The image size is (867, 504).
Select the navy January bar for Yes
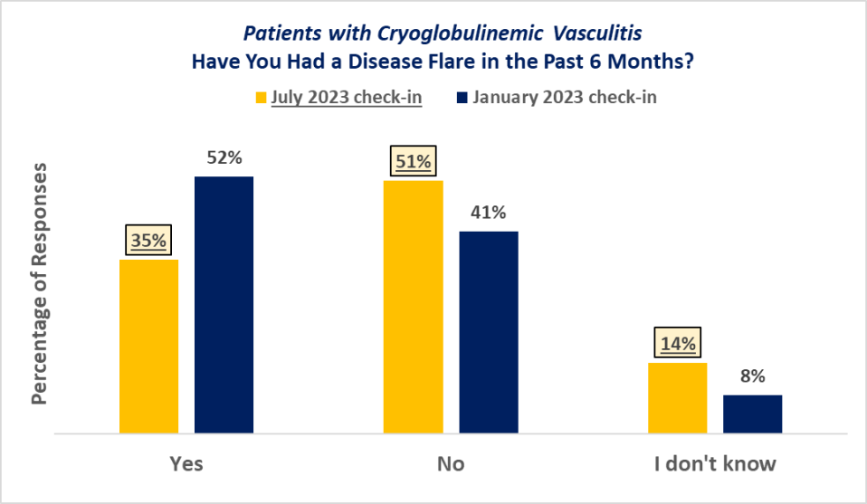pos(224,305)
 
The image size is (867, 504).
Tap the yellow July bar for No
pos(414,307)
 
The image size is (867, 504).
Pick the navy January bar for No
pos(489,332)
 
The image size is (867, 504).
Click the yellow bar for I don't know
pos(677,398)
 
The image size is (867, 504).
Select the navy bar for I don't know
pos(752,414)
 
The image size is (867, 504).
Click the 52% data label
pos(224,157)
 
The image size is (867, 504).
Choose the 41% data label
pos(489,213)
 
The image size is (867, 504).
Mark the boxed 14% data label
pos(677,344)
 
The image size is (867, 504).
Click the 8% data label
pos(752,376)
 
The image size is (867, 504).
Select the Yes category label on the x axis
pos(186,464)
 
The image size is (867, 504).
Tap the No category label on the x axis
pos(451,464)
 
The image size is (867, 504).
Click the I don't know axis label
pos(715,464)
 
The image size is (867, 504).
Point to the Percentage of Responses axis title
pos(40,284)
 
